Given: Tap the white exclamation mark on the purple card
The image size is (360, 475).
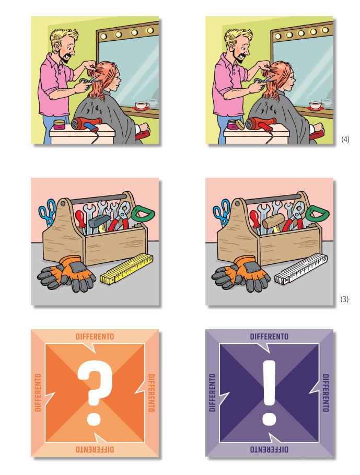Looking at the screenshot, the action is click(x=269, y=392).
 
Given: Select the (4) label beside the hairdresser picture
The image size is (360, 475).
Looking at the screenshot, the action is click(x=345, y=140).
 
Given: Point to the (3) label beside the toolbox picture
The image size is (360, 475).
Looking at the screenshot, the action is click(x=344, y=299).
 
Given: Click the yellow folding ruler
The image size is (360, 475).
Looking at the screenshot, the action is click(x=127, y=268).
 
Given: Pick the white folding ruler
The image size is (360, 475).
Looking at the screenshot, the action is click(x=301, y=269).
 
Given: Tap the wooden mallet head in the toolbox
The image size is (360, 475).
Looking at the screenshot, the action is click(x=273, y=221).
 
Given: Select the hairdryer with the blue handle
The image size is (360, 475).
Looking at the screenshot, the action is click(x=86, y=124).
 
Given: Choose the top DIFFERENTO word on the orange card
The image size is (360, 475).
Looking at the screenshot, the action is click(x=95, y=337).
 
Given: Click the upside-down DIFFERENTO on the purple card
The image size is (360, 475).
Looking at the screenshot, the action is click(x=269, y=449).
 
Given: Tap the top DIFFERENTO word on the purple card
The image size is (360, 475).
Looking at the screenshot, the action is click(x=269, y=337).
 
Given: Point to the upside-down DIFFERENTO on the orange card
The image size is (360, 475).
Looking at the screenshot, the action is click(x=95, y=449).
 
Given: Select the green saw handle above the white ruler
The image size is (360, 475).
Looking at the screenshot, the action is click(x=317, y=214).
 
